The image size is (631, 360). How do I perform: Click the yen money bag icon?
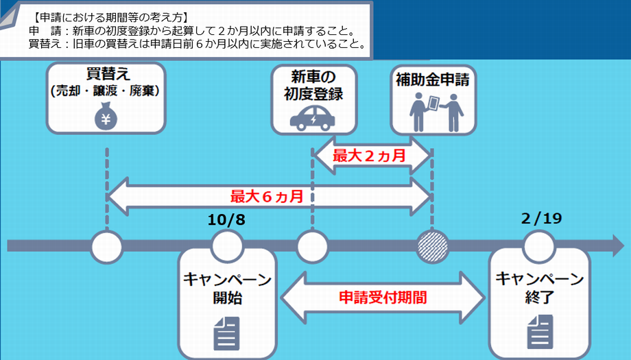click(106, 116)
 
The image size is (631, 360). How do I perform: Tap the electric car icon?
click(313, 117)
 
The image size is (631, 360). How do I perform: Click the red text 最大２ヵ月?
click(369, 156)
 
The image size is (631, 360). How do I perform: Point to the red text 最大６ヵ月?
click(267, 196)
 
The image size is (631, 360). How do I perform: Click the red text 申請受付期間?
click(383, 298)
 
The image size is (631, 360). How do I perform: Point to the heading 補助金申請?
click(432, 80)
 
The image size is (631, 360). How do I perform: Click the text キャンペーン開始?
click(227, 288)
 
